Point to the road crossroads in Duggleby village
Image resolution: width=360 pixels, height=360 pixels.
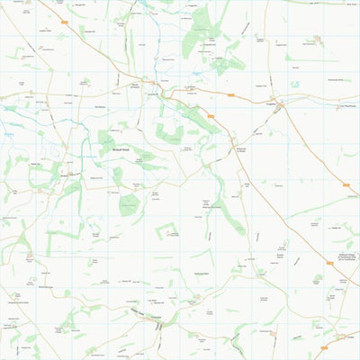(x=281, y=106)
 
